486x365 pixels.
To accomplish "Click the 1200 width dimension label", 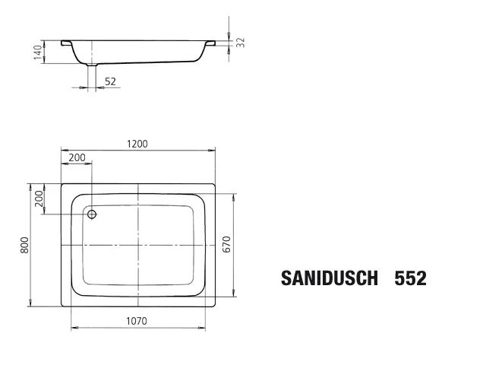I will pyautogui.click(x=137, y=144).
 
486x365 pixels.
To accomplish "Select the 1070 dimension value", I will pyautogui.click(x=137, y=321).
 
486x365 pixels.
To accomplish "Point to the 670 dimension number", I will pyautogui.click(x=226, y=244).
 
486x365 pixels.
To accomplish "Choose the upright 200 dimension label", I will pyautogui.click(x=77, y=157).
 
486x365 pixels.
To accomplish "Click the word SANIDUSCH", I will pyautogui.click(x=329, y=278).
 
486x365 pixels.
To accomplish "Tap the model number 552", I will pyautogui.click(x=410, y=278).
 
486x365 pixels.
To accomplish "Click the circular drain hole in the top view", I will pyautogui.click(x=92, y=214).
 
